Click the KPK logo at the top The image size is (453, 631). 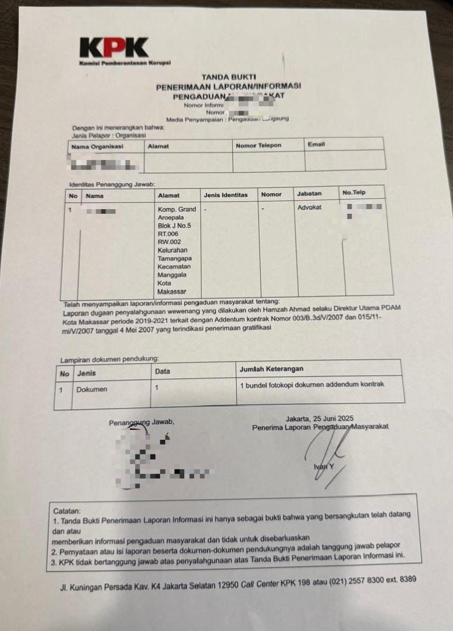coord(114,48)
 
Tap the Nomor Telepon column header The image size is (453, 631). coord(258,145)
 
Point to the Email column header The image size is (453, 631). coord(316,144)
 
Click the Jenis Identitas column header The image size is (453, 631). coord(225,195)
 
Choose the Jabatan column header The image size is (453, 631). coord(309,194)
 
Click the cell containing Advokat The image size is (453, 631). coord(309,207)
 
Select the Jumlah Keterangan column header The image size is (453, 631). coord(271,369)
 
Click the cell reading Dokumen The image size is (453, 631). coord(92,389)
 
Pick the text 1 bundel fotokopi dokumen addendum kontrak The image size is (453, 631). coord(312,384)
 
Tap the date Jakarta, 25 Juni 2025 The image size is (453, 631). coord(319,419)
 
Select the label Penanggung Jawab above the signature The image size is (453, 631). coord(141,422)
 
